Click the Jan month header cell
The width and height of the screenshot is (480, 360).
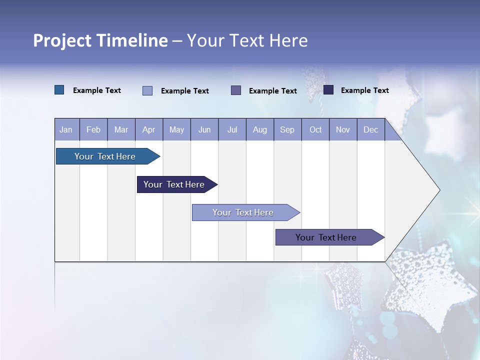66,129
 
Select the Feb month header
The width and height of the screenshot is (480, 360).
93,129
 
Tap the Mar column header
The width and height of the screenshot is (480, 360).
121,129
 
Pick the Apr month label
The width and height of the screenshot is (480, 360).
148,129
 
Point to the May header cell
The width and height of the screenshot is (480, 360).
176,129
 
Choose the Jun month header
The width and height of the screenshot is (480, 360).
204,129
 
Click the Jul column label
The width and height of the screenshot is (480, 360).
232,129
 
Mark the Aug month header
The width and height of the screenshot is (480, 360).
260,129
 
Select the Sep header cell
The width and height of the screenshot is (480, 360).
287,129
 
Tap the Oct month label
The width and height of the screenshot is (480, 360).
315,129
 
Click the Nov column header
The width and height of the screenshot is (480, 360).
343,129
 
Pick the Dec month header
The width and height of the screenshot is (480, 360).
371,129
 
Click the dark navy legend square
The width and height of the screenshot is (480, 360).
328,90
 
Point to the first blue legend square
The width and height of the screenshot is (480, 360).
59,90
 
